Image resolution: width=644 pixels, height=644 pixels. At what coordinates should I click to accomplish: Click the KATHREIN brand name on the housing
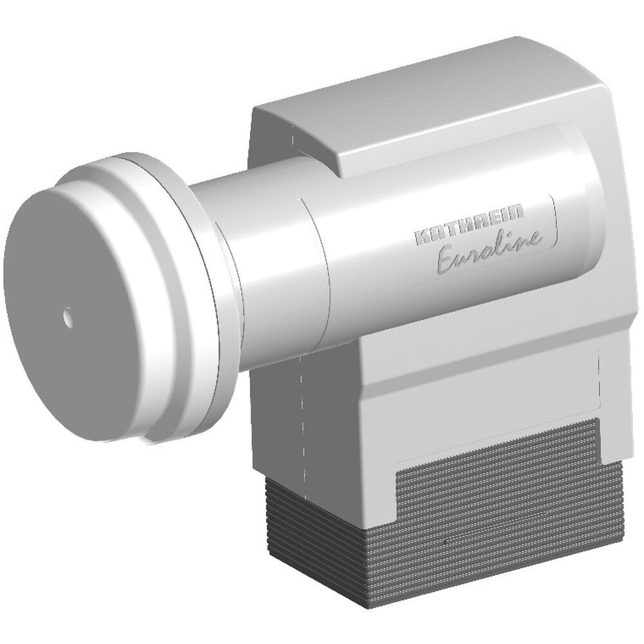pos(469,226)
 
